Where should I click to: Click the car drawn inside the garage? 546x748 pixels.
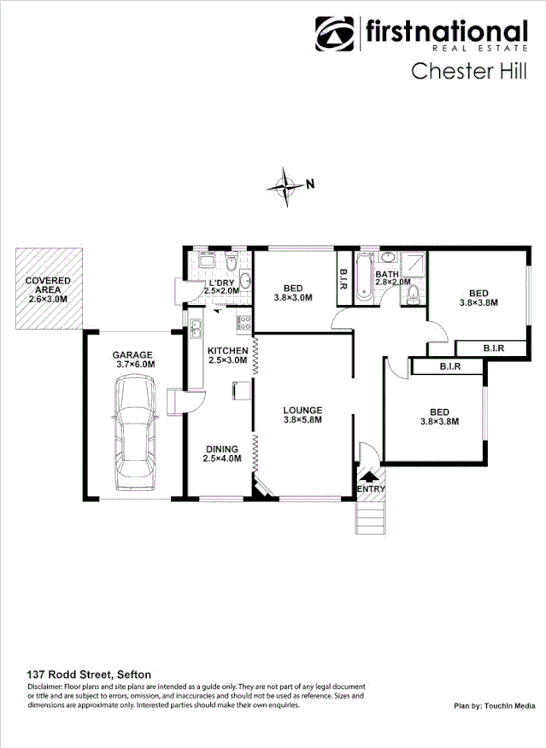[x=135, y=435]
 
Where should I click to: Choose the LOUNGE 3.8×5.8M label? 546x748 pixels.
[x=302, y=415]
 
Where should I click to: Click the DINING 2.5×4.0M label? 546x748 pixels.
[x=222, y=453]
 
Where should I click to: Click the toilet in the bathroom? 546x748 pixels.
[x=413, y=295]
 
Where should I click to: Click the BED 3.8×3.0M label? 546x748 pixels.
[x=293, y=293]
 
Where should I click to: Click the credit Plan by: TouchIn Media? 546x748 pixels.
[x=495, y=706]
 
